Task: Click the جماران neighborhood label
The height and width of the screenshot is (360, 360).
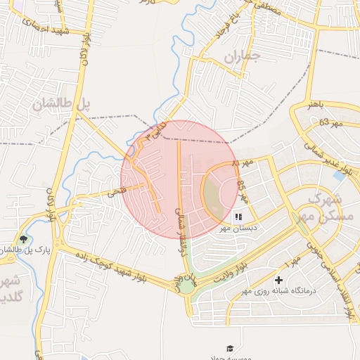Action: pyautogui.click(x=243, y=56)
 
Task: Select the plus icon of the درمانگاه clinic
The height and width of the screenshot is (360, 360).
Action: pyautogui.click(x=279, y=280)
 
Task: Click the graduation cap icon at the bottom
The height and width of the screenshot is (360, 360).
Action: pyautogui.click(x=230, y=348)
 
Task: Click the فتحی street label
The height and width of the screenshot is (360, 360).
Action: pyautogui.click(x=115, y=191)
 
